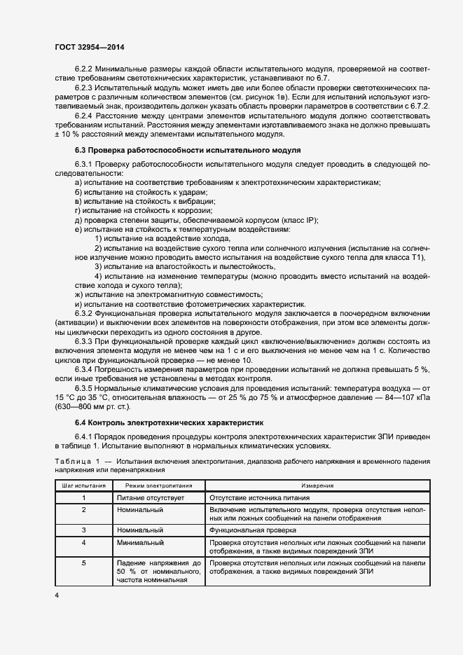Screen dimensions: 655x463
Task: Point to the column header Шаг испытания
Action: tap(83, 485)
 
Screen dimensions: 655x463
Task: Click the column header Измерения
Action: tap(317, 485)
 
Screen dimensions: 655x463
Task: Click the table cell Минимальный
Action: tap(140, 542)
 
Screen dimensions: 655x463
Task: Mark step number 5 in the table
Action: tap(83, 563)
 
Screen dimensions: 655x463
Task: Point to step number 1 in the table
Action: tap(83, 497)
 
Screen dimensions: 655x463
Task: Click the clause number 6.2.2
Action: tap(83, 69)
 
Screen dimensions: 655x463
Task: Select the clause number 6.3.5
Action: tap(83, 387)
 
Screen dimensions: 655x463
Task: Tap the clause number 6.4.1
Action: tap(83, 436)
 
